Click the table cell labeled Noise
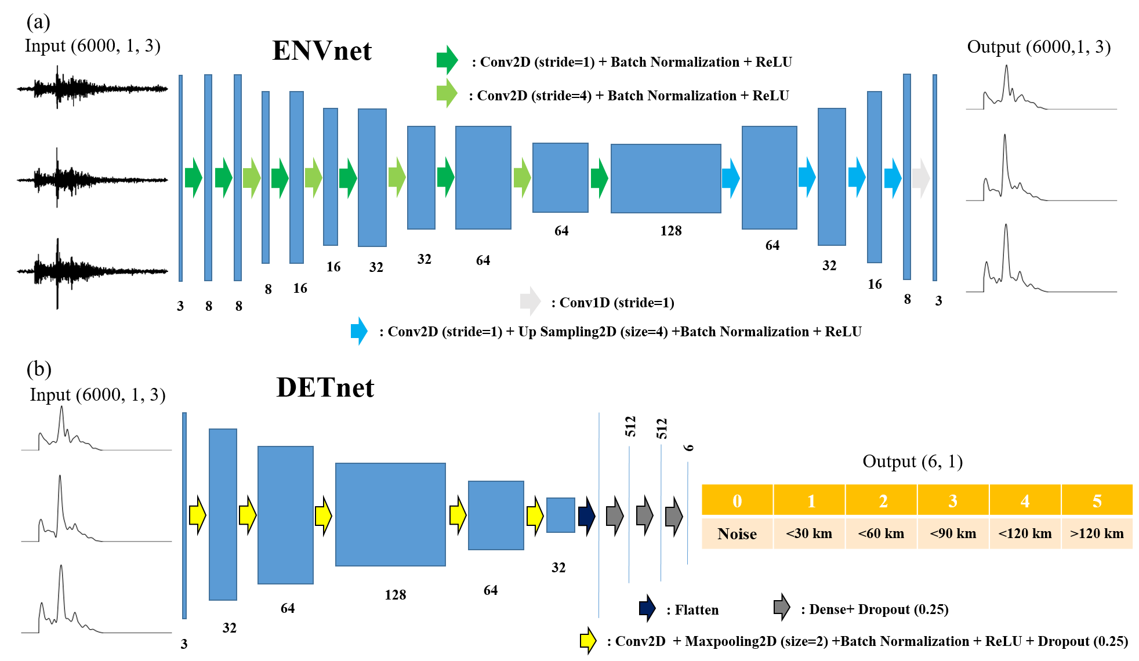click(737, 533)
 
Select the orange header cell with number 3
click(953, 500)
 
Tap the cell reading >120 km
click(1097, 533)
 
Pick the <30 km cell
click(809, 533)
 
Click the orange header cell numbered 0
click(737, 500)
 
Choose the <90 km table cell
click(953, 533)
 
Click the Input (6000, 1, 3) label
click(97, 395)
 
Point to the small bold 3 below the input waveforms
click(184, 644)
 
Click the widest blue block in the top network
click(666, 179)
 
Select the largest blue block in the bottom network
click(390, 514)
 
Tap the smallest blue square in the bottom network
click(560, 515)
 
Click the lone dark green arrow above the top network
click(447, 60)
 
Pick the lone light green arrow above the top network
click(447, 93)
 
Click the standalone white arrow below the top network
click(530, 301)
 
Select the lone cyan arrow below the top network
click(360, 331)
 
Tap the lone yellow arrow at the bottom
click(588, 640)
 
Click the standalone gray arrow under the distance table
click(782, 607)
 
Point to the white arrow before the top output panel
click(921, 178)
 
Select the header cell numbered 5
click(1097, 500)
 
